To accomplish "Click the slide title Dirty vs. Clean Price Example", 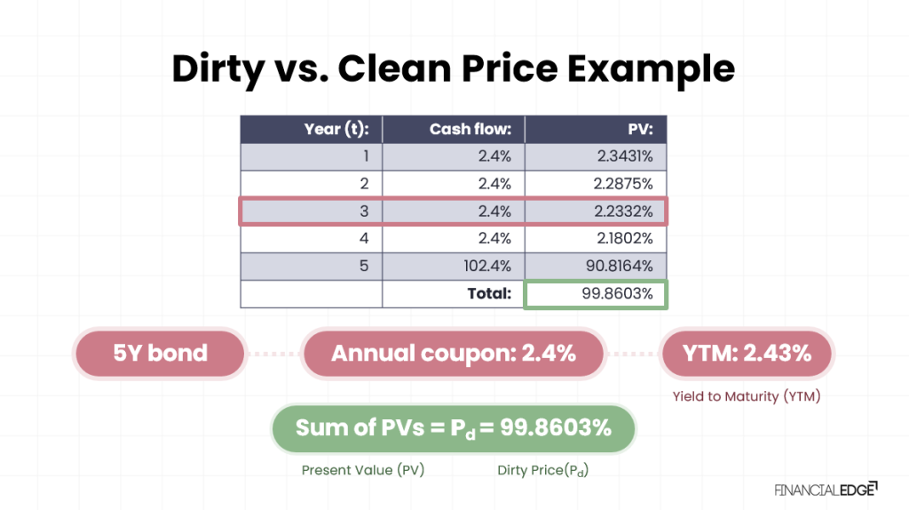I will pos(454,68).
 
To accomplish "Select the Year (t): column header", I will pos(343,130).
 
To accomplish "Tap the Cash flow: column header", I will pos(470,130).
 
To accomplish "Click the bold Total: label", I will pos(490,293).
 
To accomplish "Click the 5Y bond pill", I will pos(160,354).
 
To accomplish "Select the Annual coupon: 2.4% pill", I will pos(454,354).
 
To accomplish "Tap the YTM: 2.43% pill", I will pos(747,354).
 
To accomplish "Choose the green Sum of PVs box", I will pos(454,428).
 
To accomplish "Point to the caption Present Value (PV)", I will pos(363,470).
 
